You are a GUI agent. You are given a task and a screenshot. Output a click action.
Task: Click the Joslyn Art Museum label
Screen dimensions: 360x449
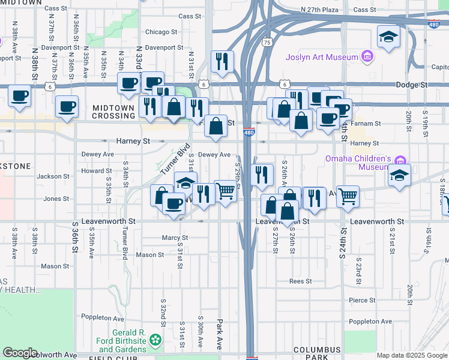pyautogui.click(x=322, y=58)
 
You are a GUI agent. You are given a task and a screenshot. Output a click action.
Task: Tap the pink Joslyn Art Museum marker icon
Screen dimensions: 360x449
pyautogui.click(x=367, y=58)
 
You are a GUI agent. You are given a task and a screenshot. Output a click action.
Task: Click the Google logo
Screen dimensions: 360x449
pyautogui.click(x=20, y=353)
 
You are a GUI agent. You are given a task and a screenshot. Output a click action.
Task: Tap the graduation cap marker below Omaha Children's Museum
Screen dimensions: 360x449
pyautogui.click(x=398, y=175)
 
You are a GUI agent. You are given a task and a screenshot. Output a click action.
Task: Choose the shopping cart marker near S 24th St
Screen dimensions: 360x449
pyautogui.click(x=348, y=196)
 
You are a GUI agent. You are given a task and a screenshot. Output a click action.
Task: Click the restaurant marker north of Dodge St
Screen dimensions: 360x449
pyautogui.click(x=222, y=61)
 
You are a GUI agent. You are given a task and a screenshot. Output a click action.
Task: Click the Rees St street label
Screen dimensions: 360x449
pyautogui.click(x=300, y=281)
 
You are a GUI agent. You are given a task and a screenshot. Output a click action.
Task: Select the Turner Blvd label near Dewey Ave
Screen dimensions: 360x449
pyautogui.click(x=175, y=159)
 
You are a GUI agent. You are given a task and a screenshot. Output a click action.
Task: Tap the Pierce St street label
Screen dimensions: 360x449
pyautogui.click(x=362, y=300)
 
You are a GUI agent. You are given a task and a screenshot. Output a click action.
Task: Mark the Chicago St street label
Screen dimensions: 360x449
pyautogui.click(x=161, y=32)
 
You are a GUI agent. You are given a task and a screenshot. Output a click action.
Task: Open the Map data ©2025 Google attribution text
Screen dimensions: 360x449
pyautogui.click(x=411, y=355)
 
